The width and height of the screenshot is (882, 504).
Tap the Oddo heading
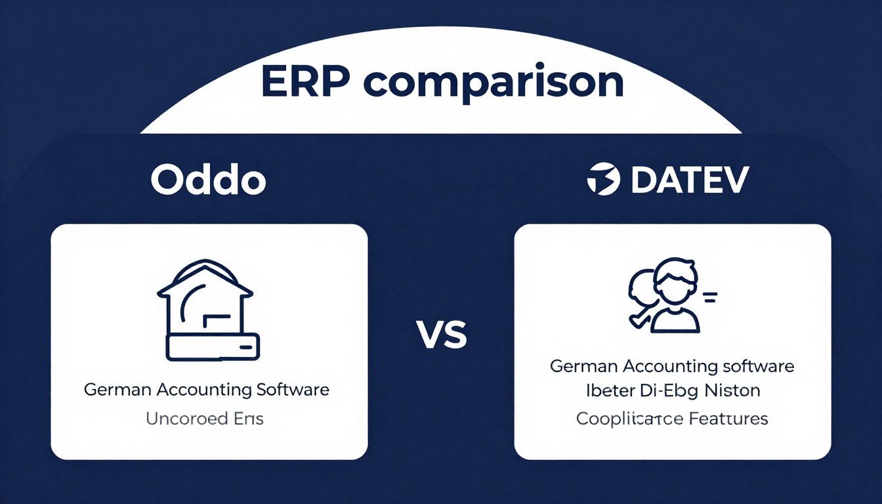(208, 180)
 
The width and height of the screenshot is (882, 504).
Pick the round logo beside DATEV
(603, 180)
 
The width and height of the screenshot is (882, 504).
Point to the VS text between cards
(442, 335)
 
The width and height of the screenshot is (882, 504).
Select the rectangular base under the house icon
(213, 346)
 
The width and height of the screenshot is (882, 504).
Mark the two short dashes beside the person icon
(709, 299)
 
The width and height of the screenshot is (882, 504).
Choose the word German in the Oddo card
(117, 389)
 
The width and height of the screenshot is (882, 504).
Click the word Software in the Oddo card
(293, 389)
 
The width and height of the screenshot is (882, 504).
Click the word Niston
(730, 391)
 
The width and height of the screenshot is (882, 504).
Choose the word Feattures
(727, 418)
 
